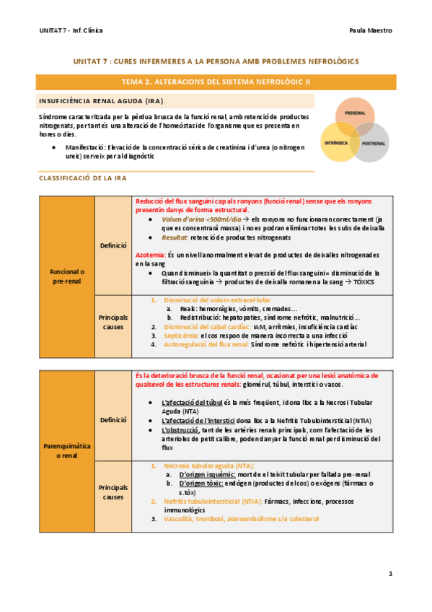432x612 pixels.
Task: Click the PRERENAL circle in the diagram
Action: (x=355, y=113)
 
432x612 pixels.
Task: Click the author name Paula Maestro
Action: (x=370, y=31)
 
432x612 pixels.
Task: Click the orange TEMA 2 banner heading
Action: (x=216, y=82)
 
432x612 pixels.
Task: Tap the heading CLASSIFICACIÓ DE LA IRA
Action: (x=84, y=177)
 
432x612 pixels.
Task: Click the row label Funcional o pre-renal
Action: (x=68, y=275)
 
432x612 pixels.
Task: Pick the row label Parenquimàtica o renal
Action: (x=68, y=450)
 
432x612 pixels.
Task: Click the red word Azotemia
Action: (x=150, y=255)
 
